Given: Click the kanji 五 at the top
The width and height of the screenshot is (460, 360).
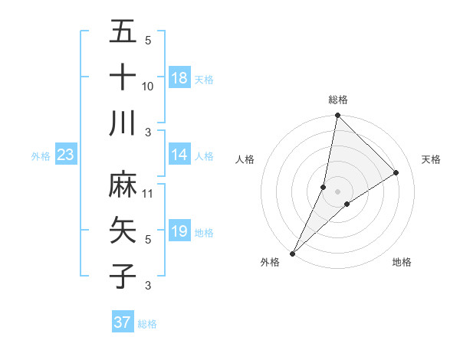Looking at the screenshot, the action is [x=123, y=31].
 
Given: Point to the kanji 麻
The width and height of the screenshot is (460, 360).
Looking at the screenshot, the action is [x=123, y=184].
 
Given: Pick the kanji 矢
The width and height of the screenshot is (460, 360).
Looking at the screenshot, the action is [x=123, y=230].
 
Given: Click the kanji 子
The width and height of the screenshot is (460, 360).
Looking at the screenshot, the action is [x=123, y=276].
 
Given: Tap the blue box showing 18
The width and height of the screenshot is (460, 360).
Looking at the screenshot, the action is [x=179, y=78].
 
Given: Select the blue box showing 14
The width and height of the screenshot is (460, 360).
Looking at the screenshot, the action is [x=179, y=155].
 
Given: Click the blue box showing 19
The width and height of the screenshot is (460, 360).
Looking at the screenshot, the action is [x=179, y=231].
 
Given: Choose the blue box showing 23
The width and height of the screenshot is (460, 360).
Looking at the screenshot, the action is [x=66, y=155].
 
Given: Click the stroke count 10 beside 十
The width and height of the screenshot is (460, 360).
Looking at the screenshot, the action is [x=148, y=87].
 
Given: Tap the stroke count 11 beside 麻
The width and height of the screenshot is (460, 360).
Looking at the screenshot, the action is [x=148, y=194].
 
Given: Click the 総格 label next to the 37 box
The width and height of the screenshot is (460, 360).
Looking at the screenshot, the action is [x=147, y=324].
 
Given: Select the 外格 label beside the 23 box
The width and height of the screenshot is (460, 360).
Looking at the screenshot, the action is [x=41, y=156].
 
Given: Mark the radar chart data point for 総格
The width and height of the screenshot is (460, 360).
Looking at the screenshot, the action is [x=337, y=116].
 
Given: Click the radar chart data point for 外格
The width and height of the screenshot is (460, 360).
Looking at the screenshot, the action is [x=293, y=253].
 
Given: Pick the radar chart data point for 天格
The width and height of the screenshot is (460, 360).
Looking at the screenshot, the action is [x=396, y=172].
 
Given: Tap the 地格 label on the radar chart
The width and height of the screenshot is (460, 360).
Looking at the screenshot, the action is [x=402, y=262].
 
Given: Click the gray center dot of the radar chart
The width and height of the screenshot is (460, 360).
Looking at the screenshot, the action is [x=337, y=191].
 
